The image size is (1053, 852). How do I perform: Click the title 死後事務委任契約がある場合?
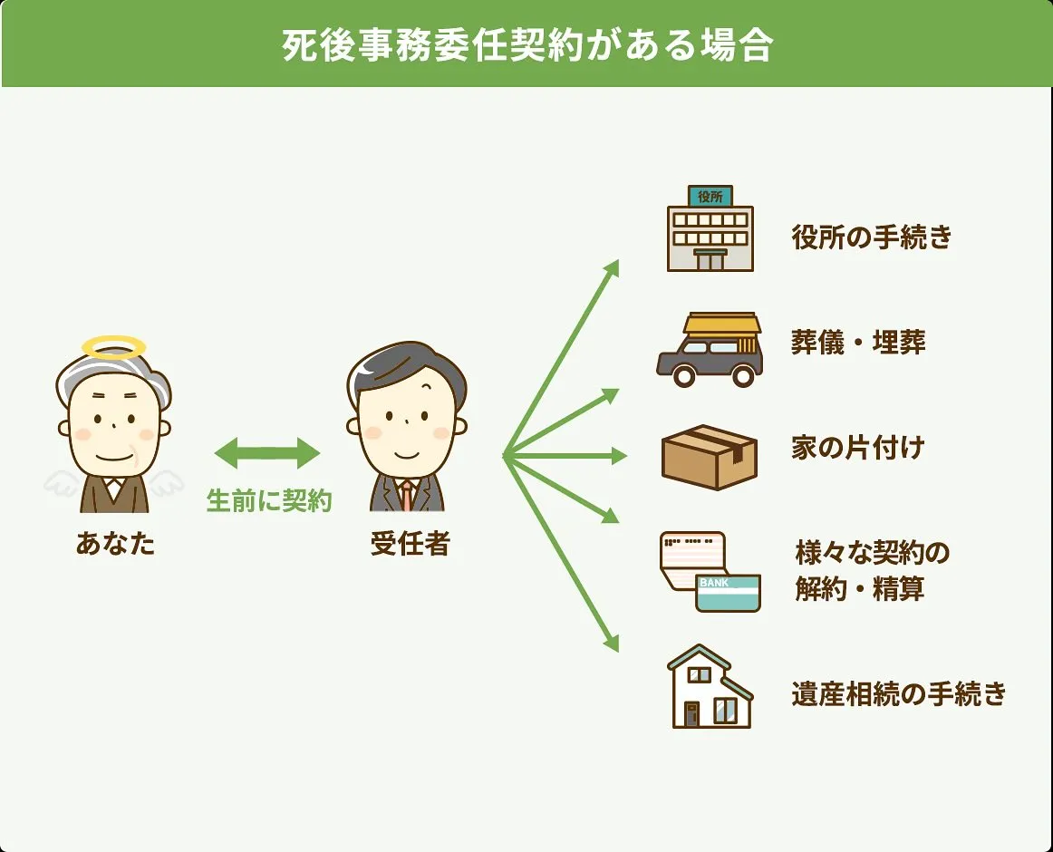click(x=526, y=45)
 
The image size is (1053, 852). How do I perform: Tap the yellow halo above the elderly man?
click(x=113, y=346)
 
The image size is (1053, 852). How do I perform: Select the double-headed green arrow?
click(x=267, y=453)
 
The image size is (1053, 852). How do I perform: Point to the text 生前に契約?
click(x=269, y=500)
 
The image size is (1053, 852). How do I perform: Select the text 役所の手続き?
click(x=872, y=237)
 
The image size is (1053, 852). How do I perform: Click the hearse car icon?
click(x=710, y=350)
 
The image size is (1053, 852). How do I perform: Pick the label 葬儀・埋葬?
click(x=858, y=344)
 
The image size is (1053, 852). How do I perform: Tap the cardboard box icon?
click(x=710, y=456)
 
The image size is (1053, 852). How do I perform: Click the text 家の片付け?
click(x=857, y=448)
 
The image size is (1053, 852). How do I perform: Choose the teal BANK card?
click(x=728, y=591)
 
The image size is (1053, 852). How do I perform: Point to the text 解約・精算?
click(x=860, y=589)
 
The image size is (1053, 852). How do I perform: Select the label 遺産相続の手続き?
click(x=898, y=694)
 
